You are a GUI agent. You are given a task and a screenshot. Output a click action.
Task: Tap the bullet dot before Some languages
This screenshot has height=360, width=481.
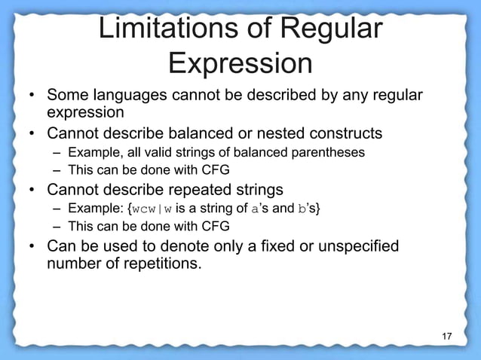pyautogui.click(x=33, y=96)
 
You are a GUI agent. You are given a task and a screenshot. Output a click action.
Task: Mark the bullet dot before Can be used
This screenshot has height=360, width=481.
pyautogui.click(x=33, y=247)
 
